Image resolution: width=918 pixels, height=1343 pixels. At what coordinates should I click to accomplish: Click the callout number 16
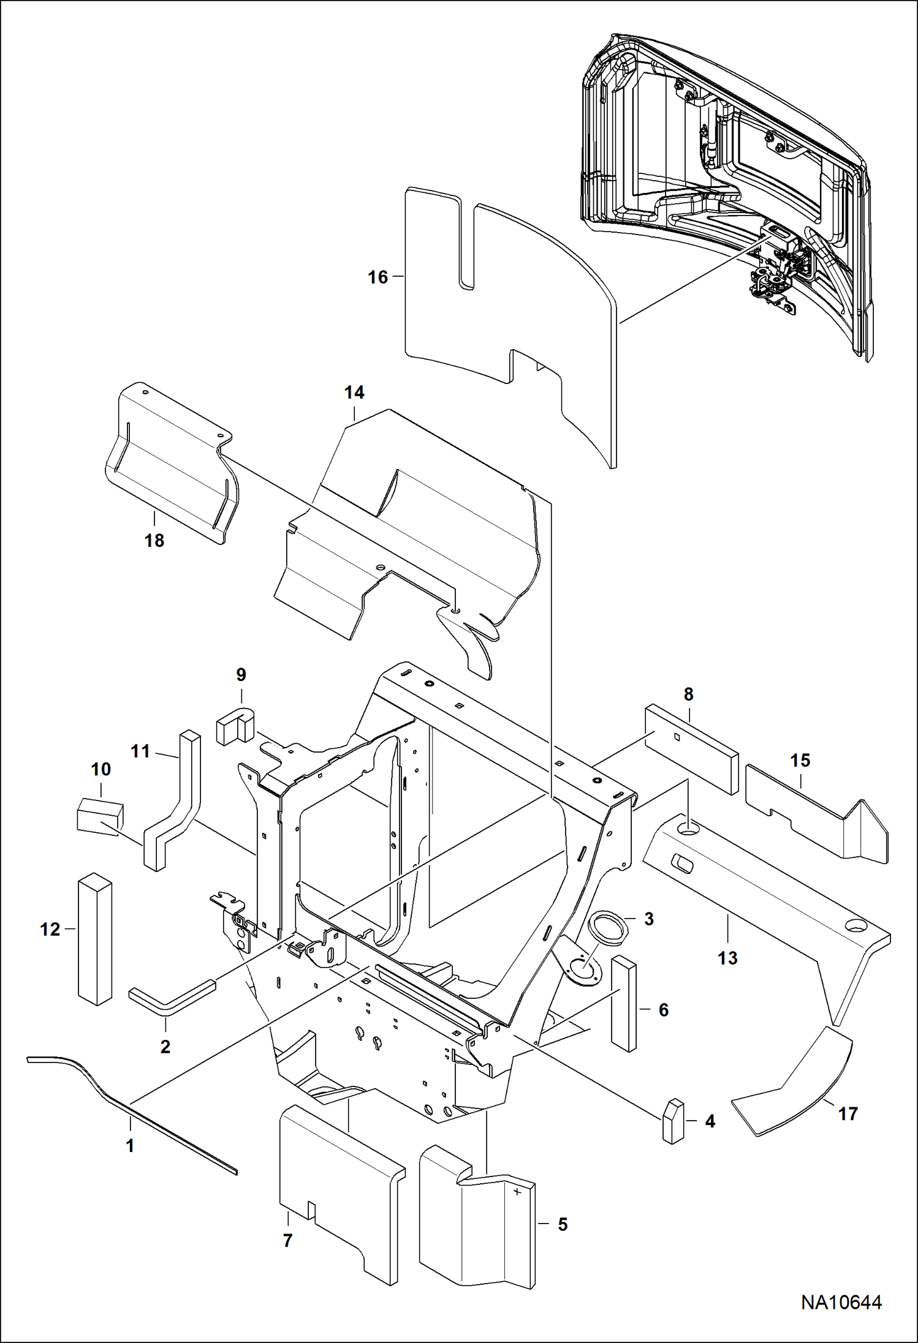pos(377,277)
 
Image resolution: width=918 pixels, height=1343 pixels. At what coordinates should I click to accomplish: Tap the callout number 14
pos(354,393)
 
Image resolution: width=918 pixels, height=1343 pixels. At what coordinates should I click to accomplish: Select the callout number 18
pos(154,541)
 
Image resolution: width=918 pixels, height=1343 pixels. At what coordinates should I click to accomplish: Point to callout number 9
pos(241,675)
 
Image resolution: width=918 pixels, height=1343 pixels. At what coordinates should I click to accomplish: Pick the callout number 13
pos(727,958)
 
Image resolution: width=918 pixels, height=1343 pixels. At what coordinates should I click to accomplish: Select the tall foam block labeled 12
pos(95,940)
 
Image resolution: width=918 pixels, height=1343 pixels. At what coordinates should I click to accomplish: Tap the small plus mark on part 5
pos(518,1192)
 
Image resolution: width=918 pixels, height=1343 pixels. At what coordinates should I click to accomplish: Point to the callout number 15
pos(800,761)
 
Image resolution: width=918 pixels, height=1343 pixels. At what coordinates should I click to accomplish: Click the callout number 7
pos(287,1241)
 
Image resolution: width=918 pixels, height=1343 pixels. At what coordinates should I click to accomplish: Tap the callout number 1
pos(130,1145)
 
